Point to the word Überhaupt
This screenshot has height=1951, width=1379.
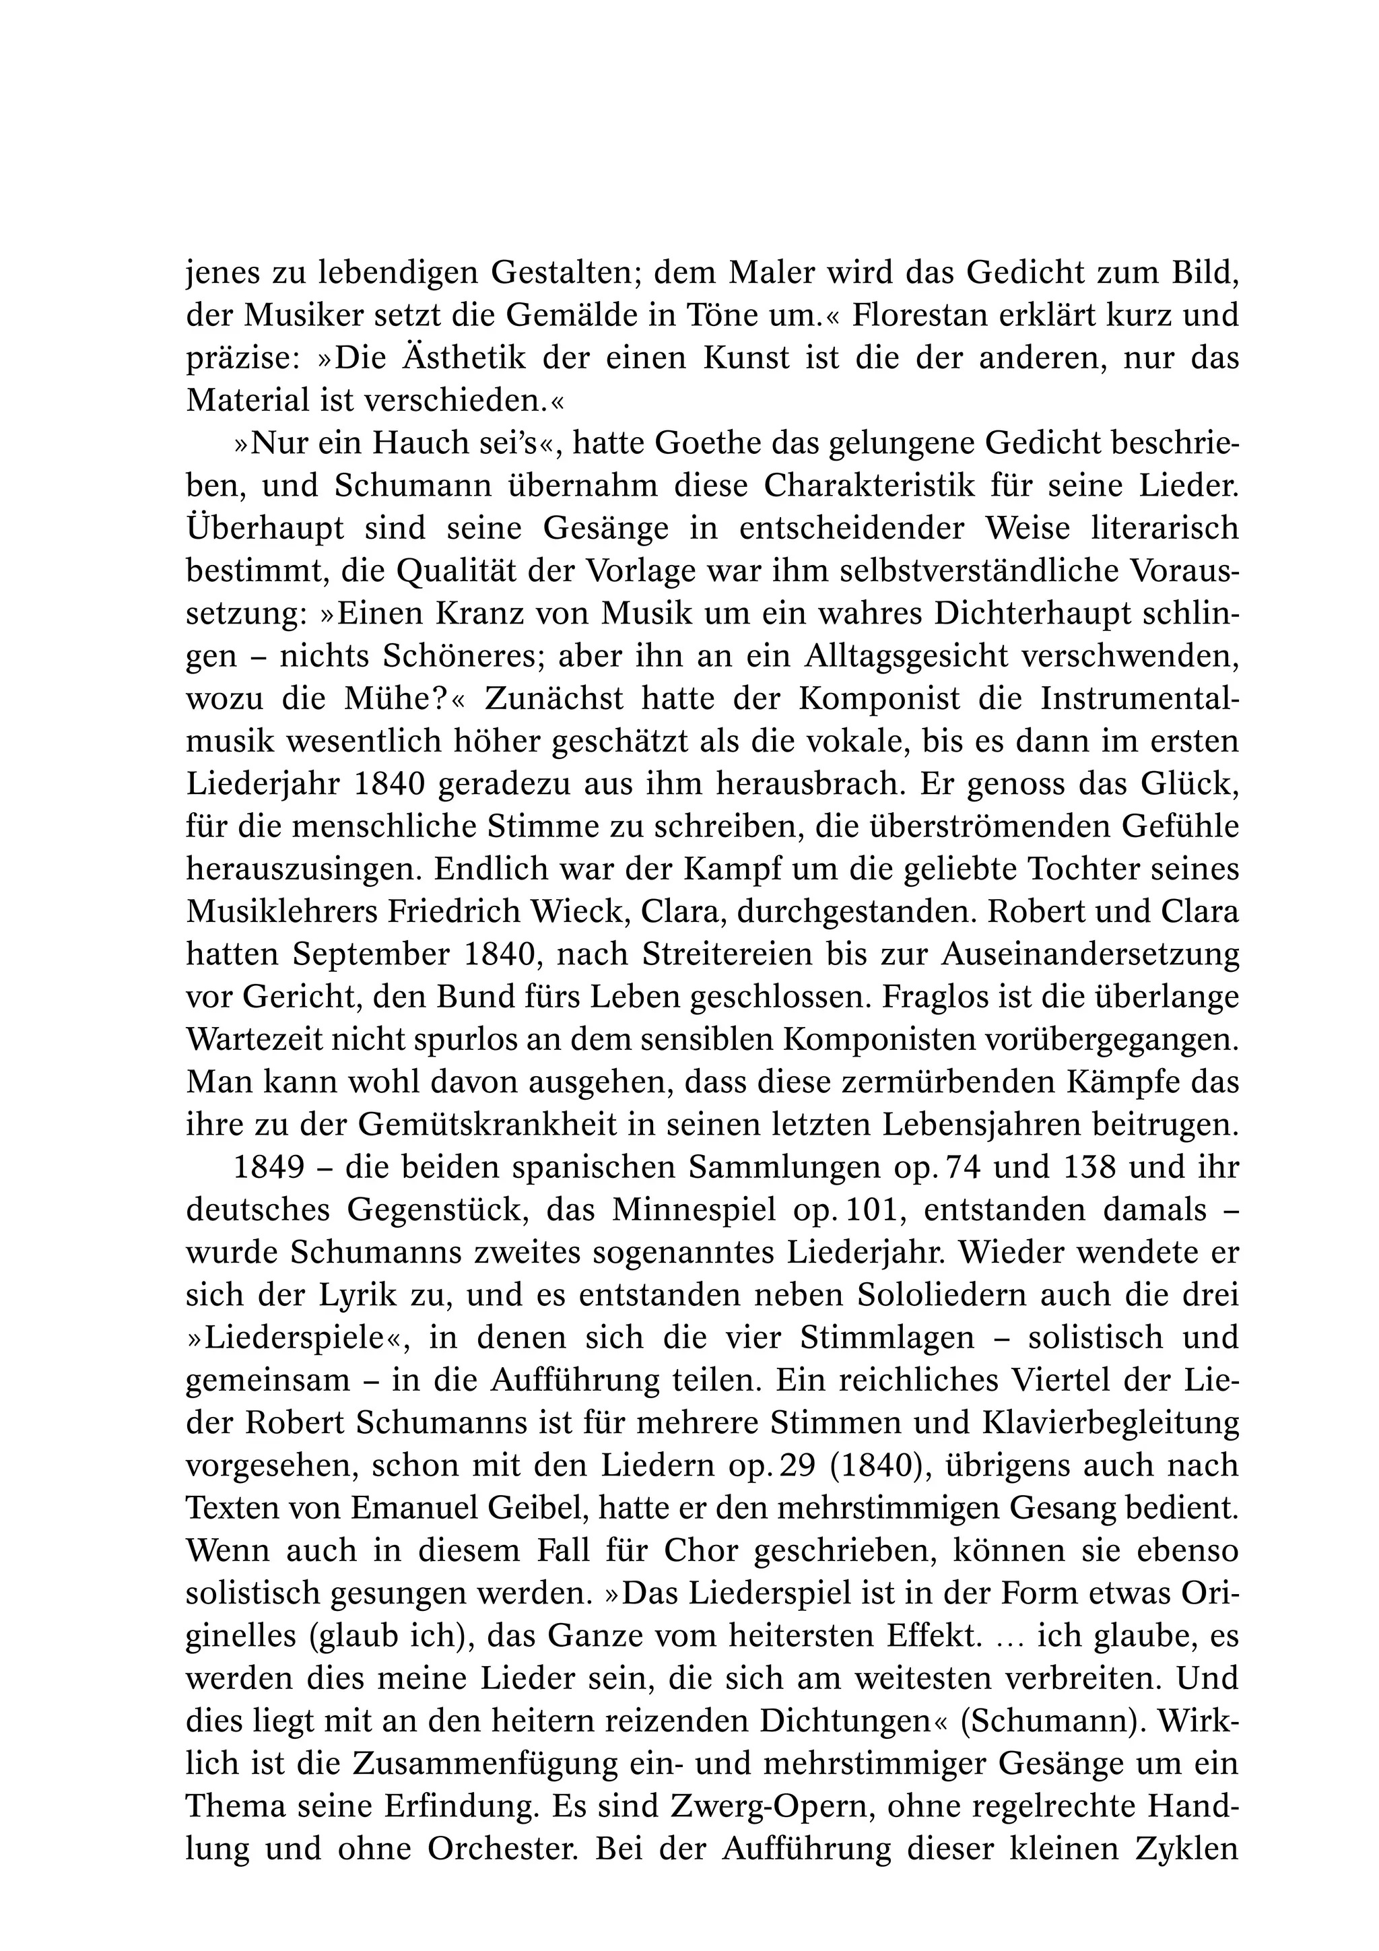[264, 529]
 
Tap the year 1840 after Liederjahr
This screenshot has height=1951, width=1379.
[389, 783]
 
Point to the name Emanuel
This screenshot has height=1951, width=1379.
[415, 1509]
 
